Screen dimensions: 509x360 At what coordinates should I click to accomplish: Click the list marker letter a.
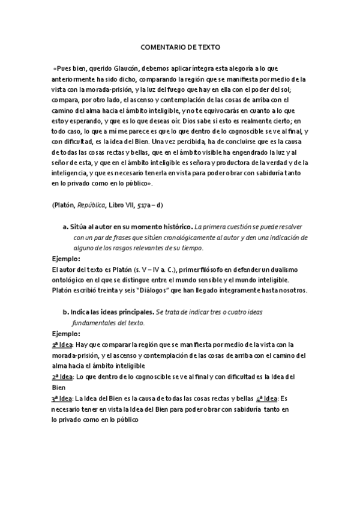[65, 228]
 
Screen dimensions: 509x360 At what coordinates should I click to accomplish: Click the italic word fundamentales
[98, 323]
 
